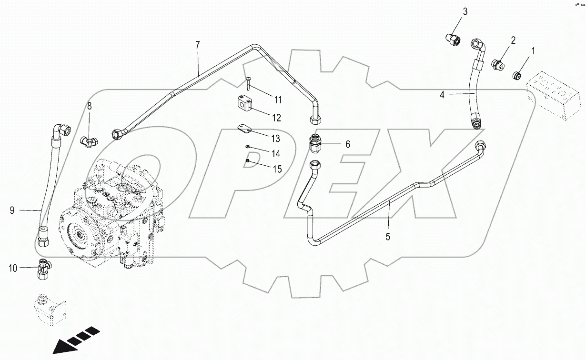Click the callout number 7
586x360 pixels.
pyautogui.click(x=198, y=45)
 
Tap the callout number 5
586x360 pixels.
pyautogui.click(x=388, y=236)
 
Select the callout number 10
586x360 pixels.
pyautogui.click(x=13, y=269)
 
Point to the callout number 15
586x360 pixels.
pyautogui.click(x=277, y=169)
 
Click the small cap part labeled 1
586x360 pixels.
pyautogui.click(x=517, y=75)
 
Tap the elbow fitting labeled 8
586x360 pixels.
pyautogui.click(x=89, y=140)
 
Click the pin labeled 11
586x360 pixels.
pyautogui.click(x=248, y=84)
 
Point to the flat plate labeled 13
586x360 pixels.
pyautogui.click(x=245, y=130)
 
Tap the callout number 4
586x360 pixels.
pyautogui.click(x=442, y=95)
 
